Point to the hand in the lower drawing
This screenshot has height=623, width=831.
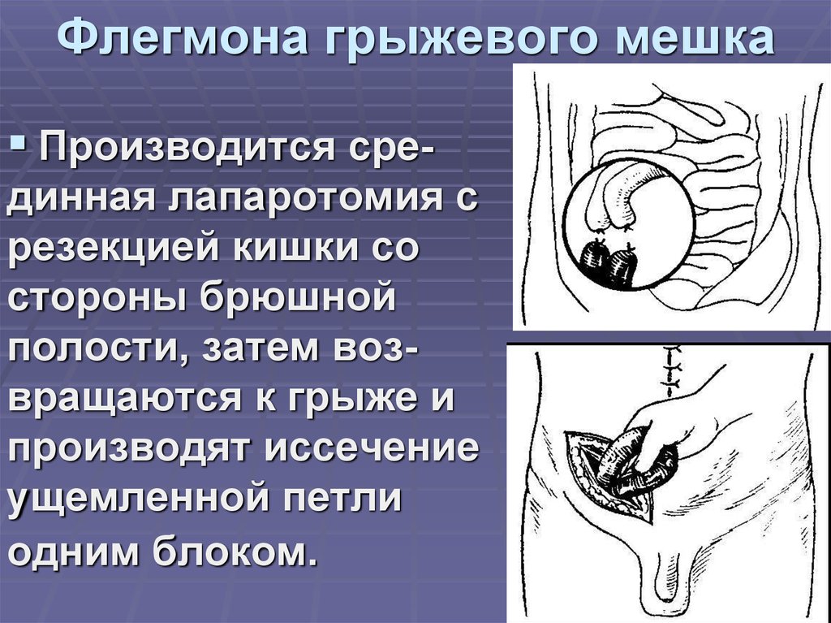690,422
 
